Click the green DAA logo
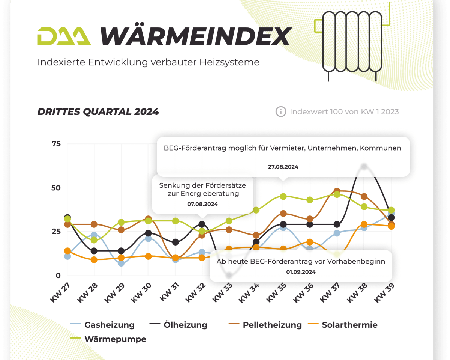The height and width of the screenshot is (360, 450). [64, 36]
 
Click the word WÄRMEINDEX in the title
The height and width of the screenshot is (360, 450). [195, 36]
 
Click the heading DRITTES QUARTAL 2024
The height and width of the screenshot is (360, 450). [98, 111]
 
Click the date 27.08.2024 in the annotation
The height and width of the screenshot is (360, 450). [283, 167]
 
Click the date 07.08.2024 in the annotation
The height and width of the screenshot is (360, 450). [202, 204]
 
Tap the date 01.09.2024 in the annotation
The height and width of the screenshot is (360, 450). [301, 272]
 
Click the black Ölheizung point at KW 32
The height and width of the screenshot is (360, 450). [202, 225]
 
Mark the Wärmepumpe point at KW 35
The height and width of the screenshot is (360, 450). [283, 196]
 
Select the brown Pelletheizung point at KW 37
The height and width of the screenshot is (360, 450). [337, 191]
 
